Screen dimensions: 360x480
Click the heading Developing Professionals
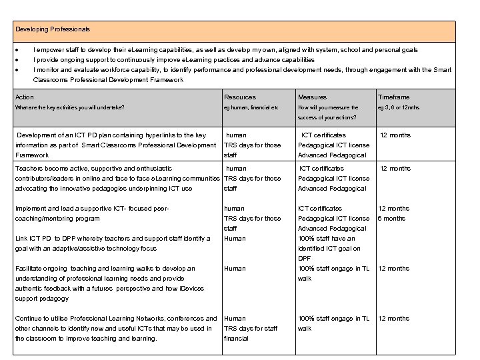[53, 30]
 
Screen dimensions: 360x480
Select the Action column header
[24, 97]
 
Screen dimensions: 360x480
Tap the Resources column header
[239, 97]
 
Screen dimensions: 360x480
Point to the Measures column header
[312, 97]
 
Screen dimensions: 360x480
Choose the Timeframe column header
[393, 97]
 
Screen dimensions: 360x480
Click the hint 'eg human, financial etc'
[251, 107]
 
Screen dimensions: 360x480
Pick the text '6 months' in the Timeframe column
[391, 219]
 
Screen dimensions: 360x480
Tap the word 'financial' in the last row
[236, 339]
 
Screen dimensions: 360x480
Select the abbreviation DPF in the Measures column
[305, 259]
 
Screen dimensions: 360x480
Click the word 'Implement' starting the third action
[31, 209]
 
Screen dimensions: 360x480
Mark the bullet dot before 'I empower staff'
[17, 50]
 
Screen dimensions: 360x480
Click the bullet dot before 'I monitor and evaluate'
[17, 70]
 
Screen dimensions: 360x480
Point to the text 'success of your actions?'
[327, 117]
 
